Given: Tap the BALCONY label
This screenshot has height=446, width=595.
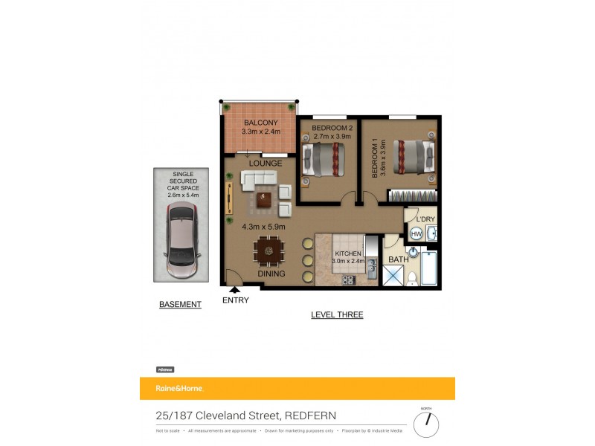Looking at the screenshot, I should [x=260, y=123].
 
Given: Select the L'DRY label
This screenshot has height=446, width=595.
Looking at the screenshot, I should [x=425, y=219].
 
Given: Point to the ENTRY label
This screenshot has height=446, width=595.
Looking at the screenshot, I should [x=236, y=300].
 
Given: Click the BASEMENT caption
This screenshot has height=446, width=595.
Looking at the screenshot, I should [x=180, y=305].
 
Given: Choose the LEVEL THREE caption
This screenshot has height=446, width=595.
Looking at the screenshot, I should [x=337, y=315].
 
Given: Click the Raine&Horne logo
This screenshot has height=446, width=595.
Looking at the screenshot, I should [x=179, y=388].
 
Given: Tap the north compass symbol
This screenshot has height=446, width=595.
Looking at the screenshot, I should [x=426, y=424].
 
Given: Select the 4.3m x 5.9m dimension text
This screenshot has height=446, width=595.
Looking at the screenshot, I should [x=263, y=227].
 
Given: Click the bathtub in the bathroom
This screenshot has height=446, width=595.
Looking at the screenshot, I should [x=428, y=268].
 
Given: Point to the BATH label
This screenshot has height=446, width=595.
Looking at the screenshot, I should [x=398, y=259].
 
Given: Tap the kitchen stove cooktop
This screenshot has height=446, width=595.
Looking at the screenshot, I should [x=348, y=279].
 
